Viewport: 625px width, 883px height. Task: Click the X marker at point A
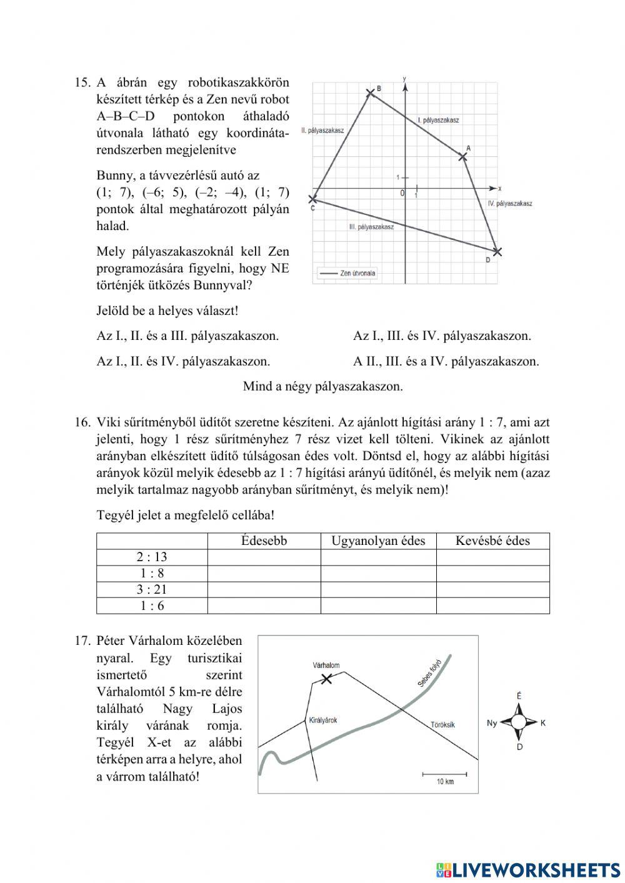pyautogui.click(x=462, y=156)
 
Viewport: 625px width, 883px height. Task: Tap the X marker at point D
pyautogui.click(x=497, y=251)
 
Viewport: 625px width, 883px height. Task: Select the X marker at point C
pyautogui.click(x=313, y=199)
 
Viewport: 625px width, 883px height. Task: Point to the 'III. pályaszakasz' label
pyautogui.click(x=371, y=227)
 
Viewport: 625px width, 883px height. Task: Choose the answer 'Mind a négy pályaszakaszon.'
pyautogui.click(x=322, y=386)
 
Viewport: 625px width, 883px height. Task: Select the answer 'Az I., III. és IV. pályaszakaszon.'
pyautogui.click(x=442, y=336)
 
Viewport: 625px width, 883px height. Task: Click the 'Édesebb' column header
pyautogui.click(x=264, y=541)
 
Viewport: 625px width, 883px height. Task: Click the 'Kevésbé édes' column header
pyautogui.click(x=492, y=541)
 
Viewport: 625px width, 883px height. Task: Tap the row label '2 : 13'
pyautogui.click(x=152, y=557)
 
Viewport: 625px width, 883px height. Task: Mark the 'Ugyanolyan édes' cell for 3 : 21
pyautogui.click(x=378, y=589)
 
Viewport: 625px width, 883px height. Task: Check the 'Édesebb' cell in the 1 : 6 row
pyautogui.click(x=264, y=606)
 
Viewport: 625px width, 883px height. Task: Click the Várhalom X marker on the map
pyautogui.click(x=326, y=679)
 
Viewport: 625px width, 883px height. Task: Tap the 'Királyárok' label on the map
pyautogui.click(x=323, y=720)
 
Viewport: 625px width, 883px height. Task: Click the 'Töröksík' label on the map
pyautogui.click(x=442, y=725)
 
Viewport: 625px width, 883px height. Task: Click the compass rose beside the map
pyautogui.click(x=519, y=722)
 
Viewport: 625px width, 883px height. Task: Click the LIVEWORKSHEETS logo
pyautogui.click(x=528, y=870)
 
